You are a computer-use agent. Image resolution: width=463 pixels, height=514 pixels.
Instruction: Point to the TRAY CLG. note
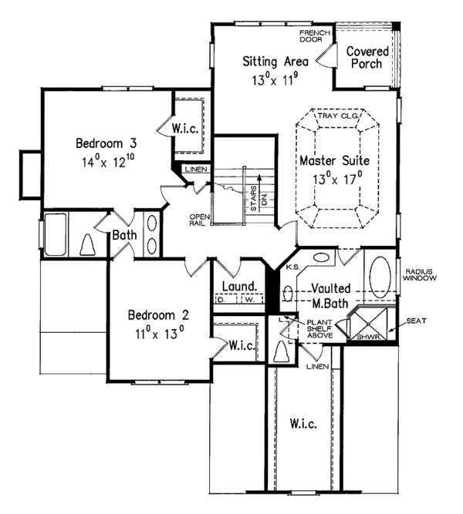coord(336,116)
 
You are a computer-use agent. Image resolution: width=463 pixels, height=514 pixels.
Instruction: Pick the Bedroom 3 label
coord(106,143)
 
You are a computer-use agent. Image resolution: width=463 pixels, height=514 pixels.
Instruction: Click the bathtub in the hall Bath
coord(56,233)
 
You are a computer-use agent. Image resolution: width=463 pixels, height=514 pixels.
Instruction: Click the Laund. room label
coord(238,287)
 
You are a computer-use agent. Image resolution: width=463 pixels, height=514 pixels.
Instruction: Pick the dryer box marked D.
coord(224,301)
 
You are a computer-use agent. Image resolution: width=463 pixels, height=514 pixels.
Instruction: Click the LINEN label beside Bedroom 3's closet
coord(194,169)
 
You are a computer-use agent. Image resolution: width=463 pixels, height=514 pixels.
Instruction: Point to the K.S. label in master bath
coord(292,267)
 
